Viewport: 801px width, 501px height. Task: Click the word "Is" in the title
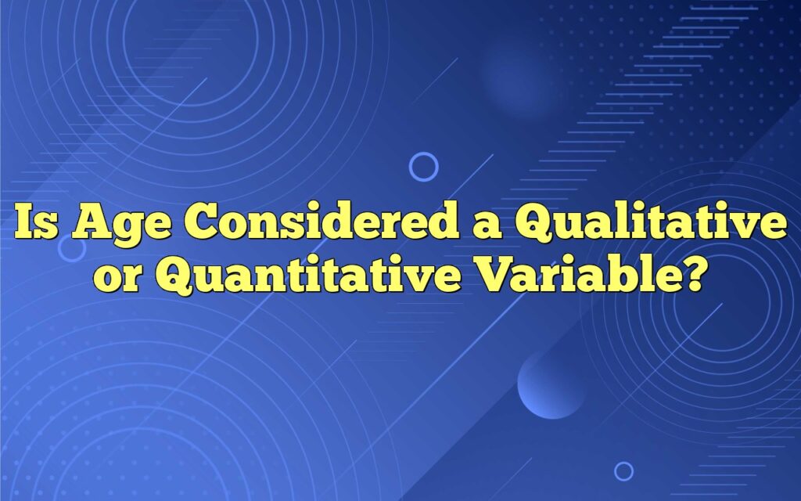click(36, 222)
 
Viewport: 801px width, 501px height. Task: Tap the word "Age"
click(121, 225)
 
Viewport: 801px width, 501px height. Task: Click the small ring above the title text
click(423, 153)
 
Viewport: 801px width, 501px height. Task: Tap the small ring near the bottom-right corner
click(623, 463)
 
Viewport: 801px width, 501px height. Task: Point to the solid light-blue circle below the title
click(551, 384)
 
